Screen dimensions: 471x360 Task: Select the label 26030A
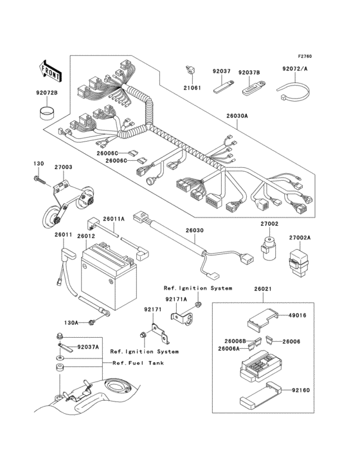pos(237,118)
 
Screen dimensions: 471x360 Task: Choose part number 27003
pos(63,167)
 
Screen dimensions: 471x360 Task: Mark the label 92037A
pos(89,347)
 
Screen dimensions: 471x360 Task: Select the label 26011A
pos(114,219)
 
